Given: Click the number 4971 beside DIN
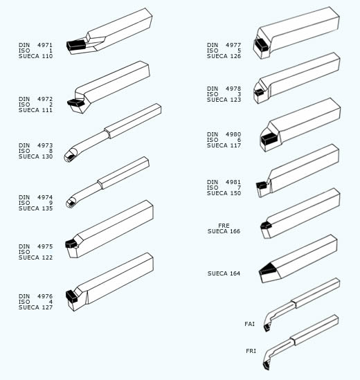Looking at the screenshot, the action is tap(45, 45).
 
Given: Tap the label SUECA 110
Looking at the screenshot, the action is tap(35, 56).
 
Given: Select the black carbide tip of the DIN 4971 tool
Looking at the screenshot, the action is tap(76, 45).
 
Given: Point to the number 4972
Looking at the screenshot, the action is tap(45, 99).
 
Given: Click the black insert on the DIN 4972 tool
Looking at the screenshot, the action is tap(76, 102).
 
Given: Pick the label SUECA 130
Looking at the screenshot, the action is tap(35, 156).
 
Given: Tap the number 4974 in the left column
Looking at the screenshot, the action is tap(45, 197).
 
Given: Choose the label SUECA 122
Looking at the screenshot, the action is tap(35, 257).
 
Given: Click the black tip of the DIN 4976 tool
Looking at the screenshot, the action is tap(71, 296).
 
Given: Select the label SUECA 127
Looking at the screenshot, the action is tap(35, 307).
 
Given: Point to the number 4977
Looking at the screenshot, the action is tap(233, 45).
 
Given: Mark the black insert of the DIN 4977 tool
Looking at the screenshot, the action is tap(261, 44).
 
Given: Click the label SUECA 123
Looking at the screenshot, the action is tap(224, 100).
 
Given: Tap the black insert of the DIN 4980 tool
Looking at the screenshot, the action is tap(269, 139).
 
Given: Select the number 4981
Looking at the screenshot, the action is tap(233, 182).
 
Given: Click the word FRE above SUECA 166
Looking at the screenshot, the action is tap(224, 226).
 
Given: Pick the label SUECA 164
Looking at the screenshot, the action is tap(224, 273).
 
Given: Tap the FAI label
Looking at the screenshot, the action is tap(250, 324).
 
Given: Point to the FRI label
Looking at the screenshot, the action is tap(251, 351).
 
